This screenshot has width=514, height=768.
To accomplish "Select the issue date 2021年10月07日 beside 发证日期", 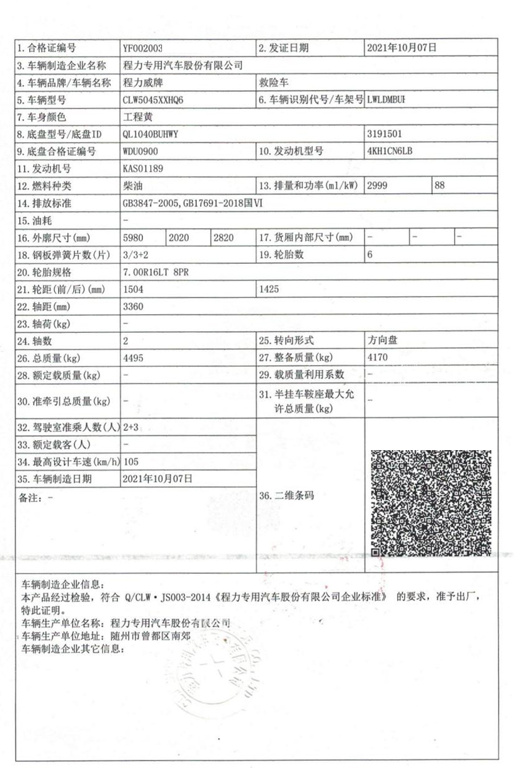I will pyautogui.click(x=402, y=47).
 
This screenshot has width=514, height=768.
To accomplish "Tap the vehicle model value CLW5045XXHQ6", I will pyautogui.click(x=154, y=99).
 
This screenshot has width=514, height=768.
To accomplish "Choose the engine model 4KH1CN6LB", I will pyautogui.click(x=390, y=150).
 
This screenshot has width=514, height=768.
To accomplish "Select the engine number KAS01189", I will pyautogui.click(x=144, y=168).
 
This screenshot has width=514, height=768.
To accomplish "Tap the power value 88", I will pyautogui.click(x=440, y=185).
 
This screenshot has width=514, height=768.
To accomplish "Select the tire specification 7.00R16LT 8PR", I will pyautogui.click(x=155, y=272).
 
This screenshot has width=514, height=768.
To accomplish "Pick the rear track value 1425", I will pyautogui.click(x=270, y=289).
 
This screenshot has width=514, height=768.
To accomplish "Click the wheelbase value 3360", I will pyautogui.click(x=134, y=306).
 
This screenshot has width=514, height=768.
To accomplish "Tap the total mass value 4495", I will pyautogui.click(x=134, y=358).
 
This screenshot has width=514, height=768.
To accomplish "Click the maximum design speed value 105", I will pyautogui.click(x=132, y=461).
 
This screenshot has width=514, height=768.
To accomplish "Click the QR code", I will pyautogui.click(x=431, y=503).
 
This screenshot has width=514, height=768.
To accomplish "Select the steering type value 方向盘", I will pyautogui.click(x=382, y=340).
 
